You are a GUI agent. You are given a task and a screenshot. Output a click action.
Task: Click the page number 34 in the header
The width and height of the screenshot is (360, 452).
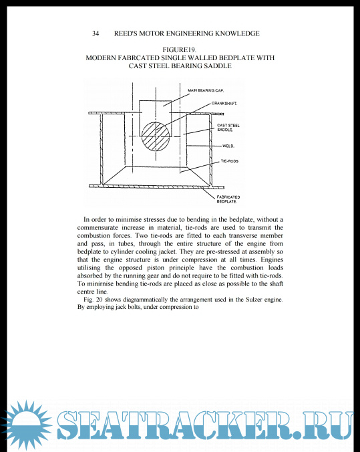(x=96, y=33)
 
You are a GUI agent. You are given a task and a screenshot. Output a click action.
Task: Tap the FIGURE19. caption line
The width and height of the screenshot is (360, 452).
(x=180, y=50)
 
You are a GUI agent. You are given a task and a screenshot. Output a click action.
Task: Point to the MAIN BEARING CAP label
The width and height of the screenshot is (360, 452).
(x=206, y=90)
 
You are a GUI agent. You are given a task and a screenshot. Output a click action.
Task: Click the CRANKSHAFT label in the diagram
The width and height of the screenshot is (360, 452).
(x=224, y=103)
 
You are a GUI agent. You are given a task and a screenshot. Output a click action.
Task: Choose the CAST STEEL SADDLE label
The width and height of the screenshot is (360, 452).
(x=228, y=128)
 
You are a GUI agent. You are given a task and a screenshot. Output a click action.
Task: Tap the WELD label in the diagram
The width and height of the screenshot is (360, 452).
(x=228, y=146)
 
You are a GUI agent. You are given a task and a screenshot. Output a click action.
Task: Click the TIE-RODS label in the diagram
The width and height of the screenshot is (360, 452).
(x=230, y=161)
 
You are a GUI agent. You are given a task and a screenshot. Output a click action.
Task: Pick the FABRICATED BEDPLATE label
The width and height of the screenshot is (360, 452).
(x=228, y=199)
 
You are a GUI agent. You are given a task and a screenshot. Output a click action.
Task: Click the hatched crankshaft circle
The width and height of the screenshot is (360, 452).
(x=156, y=136)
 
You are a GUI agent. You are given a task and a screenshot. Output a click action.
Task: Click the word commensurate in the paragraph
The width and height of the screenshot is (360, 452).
(x=98, y=228)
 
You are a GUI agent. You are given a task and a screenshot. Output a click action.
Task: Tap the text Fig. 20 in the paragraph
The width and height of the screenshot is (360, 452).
(x=93, y=300)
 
